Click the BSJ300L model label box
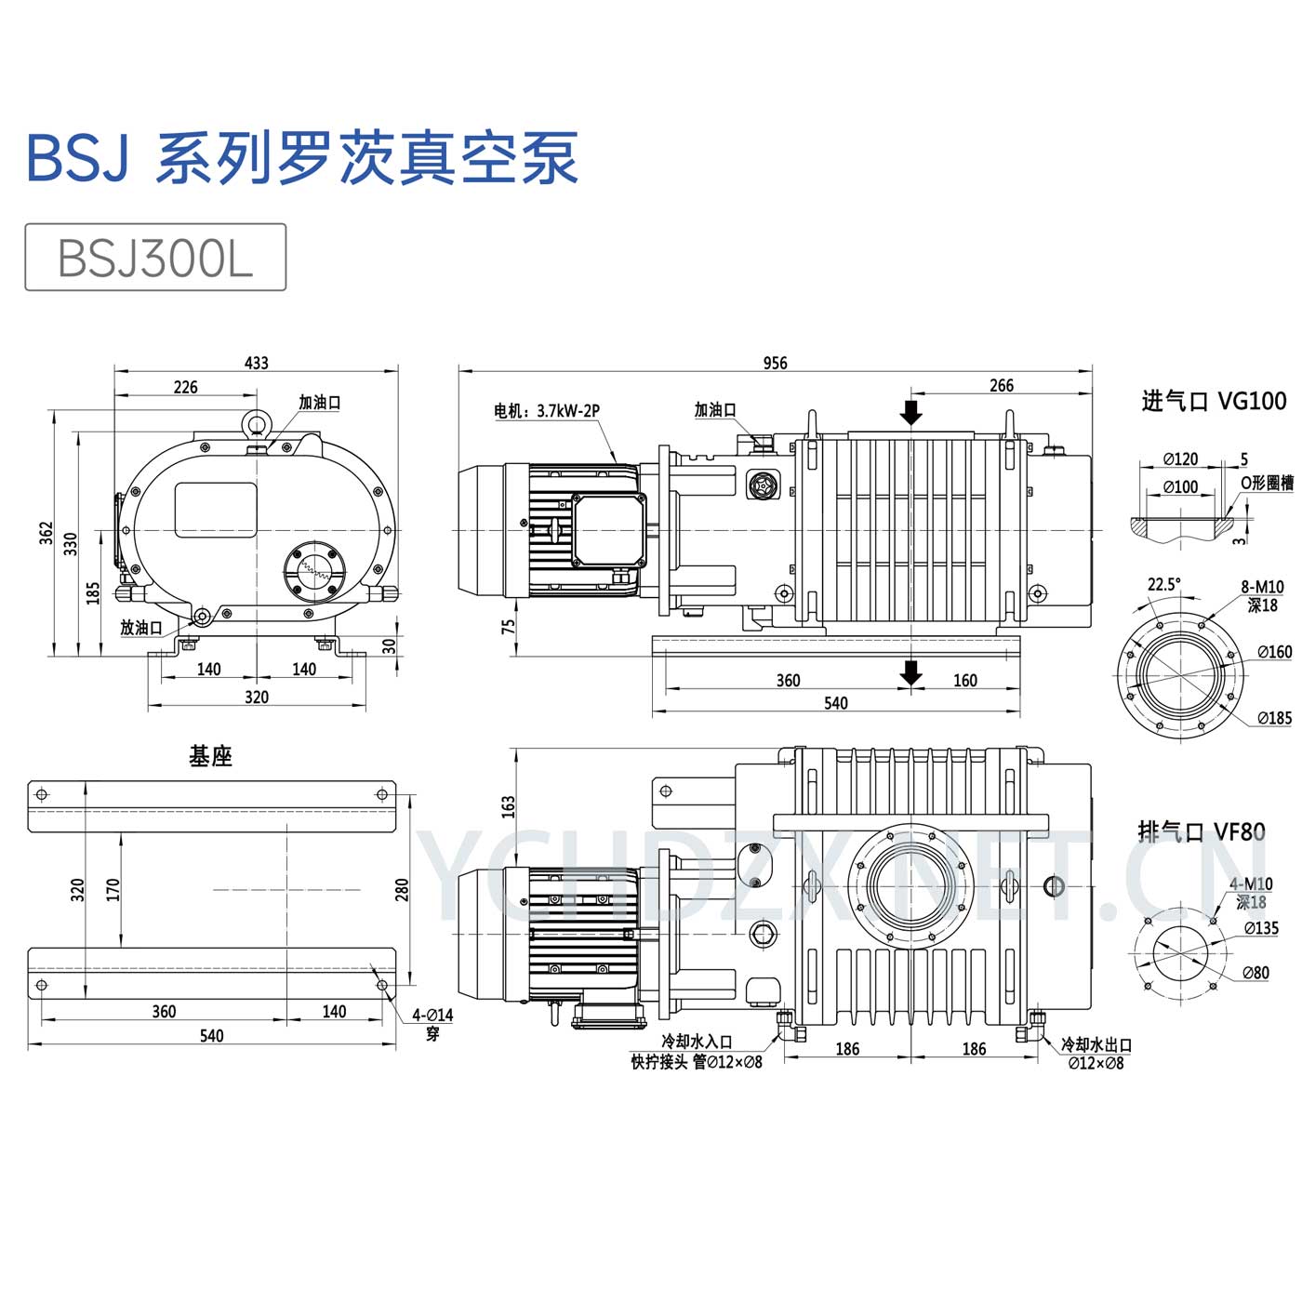tap(154, 258)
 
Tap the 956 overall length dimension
tap(775, 363)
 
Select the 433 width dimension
tap(256, 363)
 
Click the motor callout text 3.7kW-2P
tap(568, 411)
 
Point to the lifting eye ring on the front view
tap(257, 424)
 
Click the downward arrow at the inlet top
tap(911, 410)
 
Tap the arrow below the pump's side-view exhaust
tap(911, 672)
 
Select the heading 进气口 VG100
tap(1214, 401)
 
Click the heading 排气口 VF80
tap(1202, 830)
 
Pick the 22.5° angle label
tap(1163, 584)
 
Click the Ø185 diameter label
tap(1274, 718)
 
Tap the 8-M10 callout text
tap(1262, 587)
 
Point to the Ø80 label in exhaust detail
tap(1255, 973)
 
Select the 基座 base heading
tap(210, 756)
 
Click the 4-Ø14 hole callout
tap(432, 1016)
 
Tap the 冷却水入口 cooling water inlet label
tap(697, 1043)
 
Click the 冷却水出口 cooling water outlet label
tap(1096, 1045)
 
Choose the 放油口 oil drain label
tap(140, 628)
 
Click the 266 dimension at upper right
tap(1001, 385)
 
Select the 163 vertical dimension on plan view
tap(508, 805)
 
